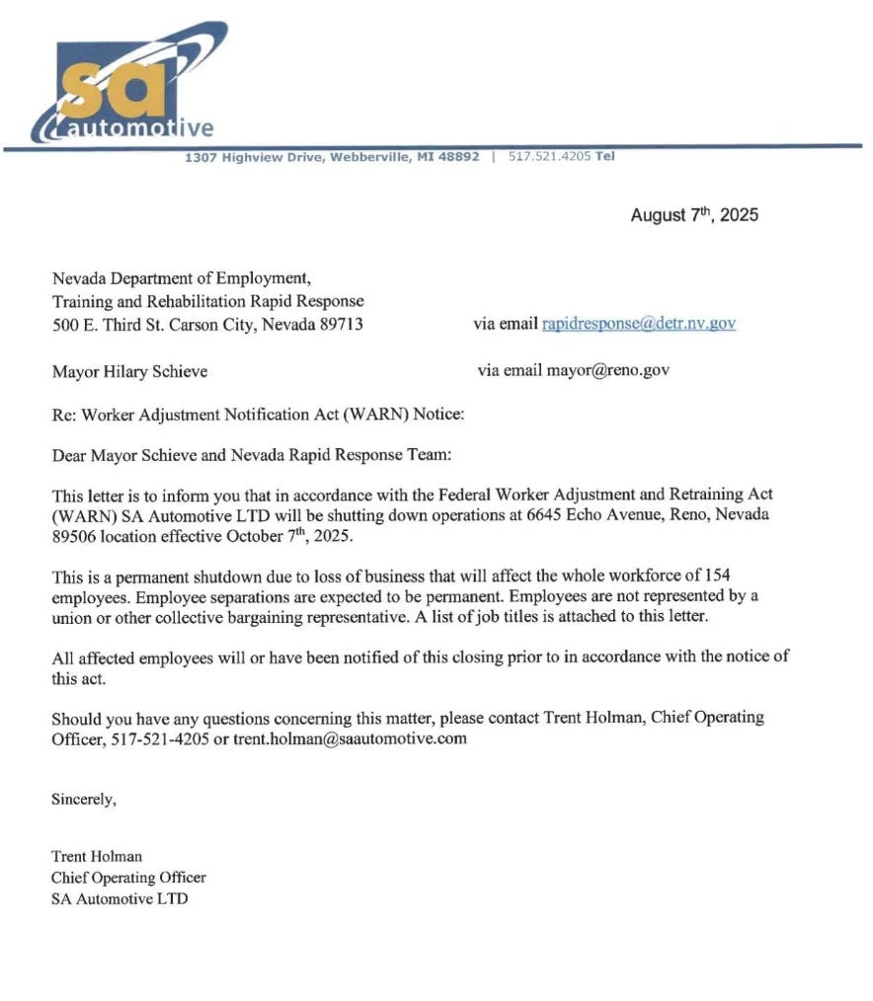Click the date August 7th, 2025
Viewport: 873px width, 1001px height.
(x=694, y=215)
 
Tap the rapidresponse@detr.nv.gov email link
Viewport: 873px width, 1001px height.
(x=639, y=324)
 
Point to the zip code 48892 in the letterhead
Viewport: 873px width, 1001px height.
(x=458, y=156)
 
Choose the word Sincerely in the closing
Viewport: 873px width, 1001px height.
(x=84, y=800)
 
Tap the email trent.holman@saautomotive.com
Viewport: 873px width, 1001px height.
(x=350, y=737)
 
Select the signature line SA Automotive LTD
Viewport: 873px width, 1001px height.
(x=119, y=898)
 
